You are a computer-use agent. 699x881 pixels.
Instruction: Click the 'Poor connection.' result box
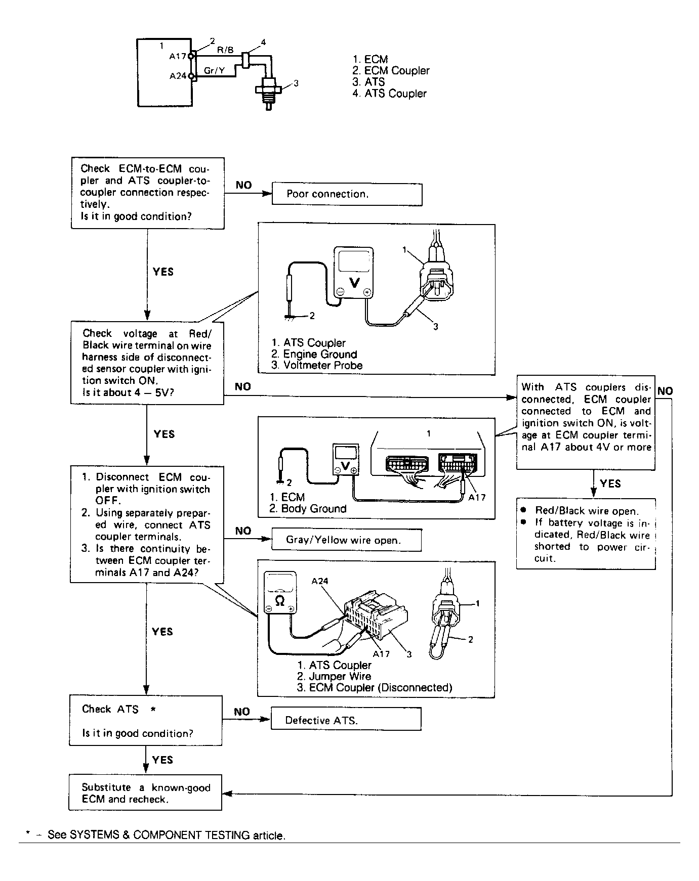coord(347,194)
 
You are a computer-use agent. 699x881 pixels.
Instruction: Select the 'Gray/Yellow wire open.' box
coord(346,540)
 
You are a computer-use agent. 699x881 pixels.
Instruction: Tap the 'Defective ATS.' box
coord(346,720)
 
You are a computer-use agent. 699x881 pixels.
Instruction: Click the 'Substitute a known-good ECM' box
coord(145,793)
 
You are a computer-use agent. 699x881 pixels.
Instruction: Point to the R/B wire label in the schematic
coord(225,50)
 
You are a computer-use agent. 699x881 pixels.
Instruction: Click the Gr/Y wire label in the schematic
coord(214,71)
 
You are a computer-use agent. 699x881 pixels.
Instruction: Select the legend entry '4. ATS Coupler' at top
coord(389,94)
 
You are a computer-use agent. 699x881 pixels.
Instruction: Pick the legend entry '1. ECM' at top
coord(370,60)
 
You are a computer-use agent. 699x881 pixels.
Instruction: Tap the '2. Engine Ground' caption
coord(314,355)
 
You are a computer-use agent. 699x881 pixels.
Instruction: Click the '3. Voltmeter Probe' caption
coord(317,366)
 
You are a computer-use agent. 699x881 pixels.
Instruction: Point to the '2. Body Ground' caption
coord(308,509)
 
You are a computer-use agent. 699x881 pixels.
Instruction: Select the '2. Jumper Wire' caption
coord(334,677)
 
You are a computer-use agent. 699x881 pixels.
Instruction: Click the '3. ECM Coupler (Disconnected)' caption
coord(374,688)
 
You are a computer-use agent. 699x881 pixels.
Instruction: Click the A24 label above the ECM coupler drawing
coord(320,581)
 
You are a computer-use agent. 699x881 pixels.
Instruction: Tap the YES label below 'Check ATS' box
coord(162,760)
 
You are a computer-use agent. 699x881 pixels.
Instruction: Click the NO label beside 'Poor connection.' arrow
coord(243,185)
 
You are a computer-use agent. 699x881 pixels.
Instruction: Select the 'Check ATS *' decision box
coord(146,721)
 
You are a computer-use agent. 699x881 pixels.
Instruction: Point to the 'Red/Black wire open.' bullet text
coord(587,511)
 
